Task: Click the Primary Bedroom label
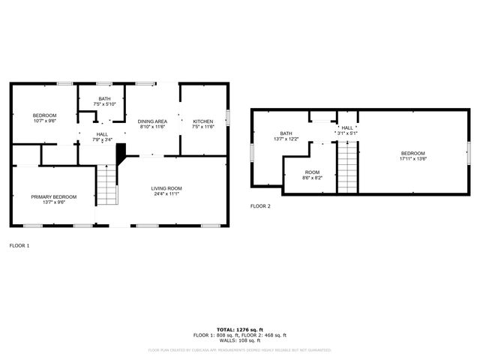(53, 196)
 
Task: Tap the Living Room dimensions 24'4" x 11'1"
(166, 193)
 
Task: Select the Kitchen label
(203, 121)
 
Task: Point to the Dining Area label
(153, 121)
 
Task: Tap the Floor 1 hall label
(102, 134)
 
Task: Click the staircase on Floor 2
(346, 166)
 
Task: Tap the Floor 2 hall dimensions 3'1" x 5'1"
(347, 133)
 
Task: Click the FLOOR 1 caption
(19, 245)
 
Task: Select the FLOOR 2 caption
(260, 205)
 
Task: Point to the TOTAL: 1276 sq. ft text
(239, 329)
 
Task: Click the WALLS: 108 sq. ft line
(239, 340)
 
